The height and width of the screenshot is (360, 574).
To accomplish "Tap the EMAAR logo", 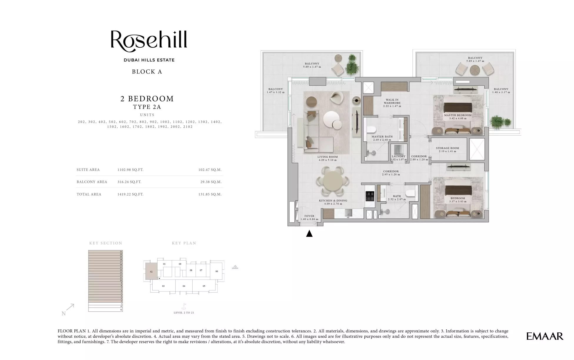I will pyautogui.click(x=545, y=336).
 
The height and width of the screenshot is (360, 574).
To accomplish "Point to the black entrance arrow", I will pyautogui.click(x=309, y=234).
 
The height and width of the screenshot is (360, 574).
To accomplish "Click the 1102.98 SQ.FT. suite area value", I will pyautogui.click(x=130, y=170).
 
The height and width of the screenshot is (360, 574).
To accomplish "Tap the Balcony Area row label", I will pyautogui.click(x=92, y=182).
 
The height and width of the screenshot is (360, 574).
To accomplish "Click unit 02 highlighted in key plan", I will pyautogui.click(x=151, y=271).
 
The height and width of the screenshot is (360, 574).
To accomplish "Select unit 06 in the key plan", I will pyautogui.click(x=217, y=271).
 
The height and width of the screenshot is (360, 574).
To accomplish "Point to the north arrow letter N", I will pyautogui.click(x=64, y=314).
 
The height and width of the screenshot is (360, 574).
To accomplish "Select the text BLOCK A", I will pyautogui.click(x=147, y=72).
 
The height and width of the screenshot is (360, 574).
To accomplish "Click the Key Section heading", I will pyautogui.click(x=106, y=243).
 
